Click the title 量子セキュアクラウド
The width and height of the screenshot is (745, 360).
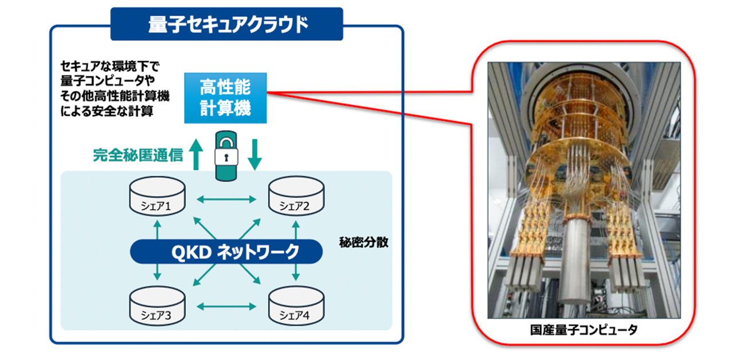click(x=228, y=24)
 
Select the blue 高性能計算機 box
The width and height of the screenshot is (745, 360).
click(x=226, y=97)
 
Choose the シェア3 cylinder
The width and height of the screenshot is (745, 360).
click(x=156, y=306)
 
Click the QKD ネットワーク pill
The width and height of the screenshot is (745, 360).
click(x=227, y=252)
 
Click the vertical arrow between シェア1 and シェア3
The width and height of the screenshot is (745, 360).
click(x=156, y=251)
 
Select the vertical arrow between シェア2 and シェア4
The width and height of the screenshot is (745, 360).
click(x=296, y=251)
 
